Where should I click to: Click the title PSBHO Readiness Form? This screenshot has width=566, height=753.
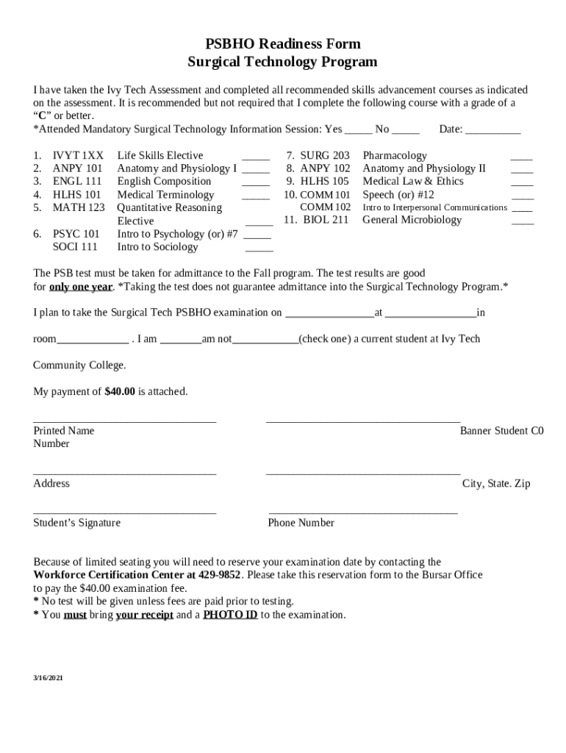coord(282,44)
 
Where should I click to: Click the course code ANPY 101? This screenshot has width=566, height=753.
coord(77,168)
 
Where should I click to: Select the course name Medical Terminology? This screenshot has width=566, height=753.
coord(165,195)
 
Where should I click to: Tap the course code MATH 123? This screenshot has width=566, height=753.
coord(79,208)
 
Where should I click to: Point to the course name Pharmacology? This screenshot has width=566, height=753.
coord(395,156)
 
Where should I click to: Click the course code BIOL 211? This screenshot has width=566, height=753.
coord(326,220)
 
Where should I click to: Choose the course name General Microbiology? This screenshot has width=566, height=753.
coord(412,220)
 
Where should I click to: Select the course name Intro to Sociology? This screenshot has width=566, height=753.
coord(158,247)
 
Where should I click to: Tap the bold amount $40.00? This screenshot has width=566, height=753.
coord(120,392)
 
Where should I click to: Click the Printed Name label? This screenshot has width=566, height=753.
coord(63,431)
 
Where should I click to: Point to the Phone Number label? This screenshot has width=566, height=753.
coord(301,523)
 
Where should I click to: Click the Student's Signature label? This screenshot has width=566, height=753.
coord(76,523)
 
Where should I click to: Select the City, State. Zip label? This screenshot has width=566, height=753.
coord(496,484)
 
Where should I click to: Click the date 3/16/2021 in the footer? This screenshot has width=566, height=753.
coord(48,678)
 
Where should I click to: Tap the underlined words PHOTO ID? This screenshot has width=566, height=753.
coord(230,615)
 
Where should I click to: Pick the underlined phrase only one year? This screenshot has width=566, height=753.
coord(81,287)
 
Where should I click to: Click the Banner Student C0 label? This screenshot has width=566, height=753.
coord(501,431)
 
